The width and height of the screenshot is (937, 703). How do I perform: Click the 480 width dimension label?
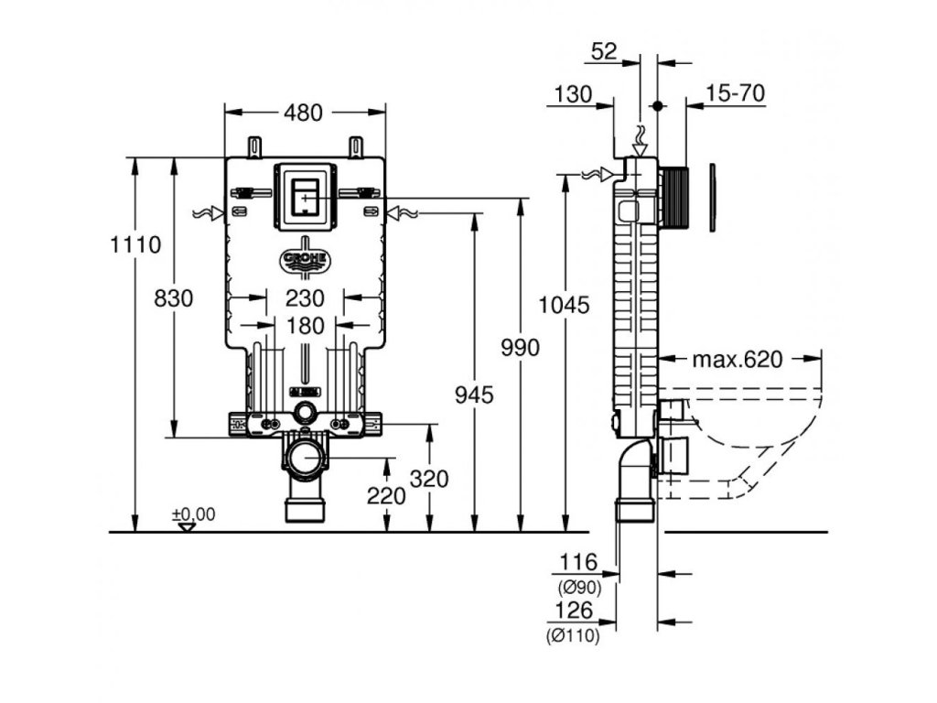click(x=303, y=113)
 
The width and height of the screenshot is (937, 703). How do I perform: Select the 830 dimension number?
click(x=173, y=298)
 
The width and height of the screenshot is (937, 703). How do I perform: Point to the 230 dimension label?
click(x=305, y=298)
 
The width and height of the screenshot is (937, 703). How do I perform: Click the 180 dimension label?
click(x=305, y=325)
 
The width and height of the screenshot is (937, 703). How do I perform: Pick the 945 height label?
click(x=474, y=395)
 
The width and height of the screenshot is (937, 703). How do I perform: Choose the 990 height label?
click(x=521, y=348)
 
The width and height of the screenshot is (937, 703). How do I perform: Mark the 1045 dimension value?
click(x=565, y=305)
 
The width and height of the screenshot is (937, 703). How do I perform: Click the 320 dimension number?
click(x=429, y=479)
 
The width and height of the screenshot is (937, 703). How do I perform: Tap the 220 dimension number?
click(x=386, y=495)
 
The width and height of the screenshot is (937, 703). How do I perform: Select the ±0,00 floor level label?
click(x=193, y=514)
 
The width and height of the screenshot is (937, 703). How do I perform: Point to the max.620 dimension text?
click(x=737, y=360)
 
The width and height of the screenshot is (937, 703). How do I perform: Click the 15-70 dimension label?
click(x=736, y=93)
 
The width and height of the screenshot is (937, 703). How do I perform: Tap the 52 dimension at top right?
click(x=604, y=52)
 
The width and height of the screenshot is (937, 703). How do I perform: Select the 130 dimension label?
click(x=574, y=93)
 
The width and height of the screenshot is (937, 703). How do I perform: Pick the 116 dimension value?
click(x=578, y=562)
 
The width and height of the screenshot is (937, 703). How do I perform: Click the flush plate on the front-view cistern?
click(x=305, y=195)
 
